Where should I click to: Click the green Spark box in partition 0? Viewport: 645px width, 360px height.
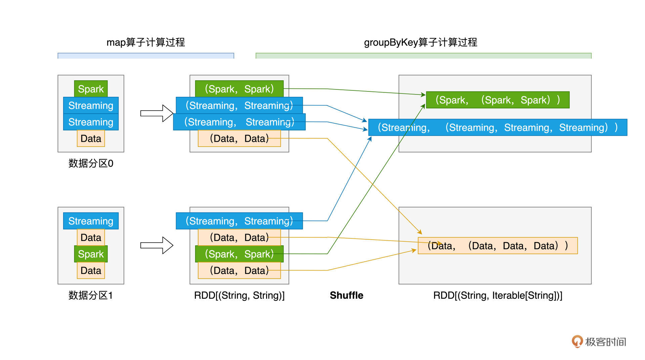pos(91,89)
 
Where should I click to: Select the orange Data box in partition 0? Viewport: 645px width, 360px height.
pos(91,138)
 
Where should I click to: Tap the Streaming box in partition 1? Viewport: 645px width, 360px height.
pos(91,221)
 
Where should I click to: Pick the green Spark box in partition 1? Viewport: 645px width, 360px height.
pos(91,254)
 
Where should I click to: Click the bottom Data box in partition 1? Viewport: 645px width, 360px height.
pos(91,270)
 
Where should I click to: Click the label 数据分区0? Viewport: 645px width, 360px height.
pos(91,163)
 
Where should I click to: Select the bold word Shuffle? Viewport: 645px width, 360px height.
pos(346,295)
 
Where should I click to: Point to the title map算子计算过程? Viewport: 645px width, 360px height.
pos(145,42)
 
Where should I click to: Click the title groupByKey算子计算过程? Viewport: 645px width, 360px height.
pos(420,42)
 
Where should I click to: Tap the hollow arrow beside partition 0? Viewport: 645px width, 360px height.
pos(157,113)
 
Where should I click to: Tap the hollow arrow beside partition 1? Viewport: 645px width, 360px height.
pos(157,245)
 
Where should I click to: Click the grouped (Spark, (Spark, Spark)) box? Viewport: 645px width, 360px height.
pos(498,100)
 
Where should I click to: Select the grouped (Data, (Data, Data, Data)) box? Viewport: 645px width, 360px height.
pos(498,246)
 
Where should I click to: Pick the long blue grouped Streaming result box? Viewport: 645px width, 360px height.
pos(498,127)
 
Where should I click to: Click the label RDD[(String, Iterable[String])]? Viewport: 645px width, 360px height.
pos(498,295)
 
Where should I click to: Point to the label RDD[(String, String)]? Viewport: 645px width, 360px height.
pos(239,295)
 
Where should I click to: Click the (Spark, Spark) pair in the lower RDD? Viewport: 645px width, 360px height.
pos(239,254)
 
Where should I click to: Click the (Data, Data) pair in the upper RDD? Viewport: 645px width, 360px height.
pos(239,138)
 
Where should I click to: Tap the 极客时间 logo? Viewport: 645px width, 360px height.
pos(599,342)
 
